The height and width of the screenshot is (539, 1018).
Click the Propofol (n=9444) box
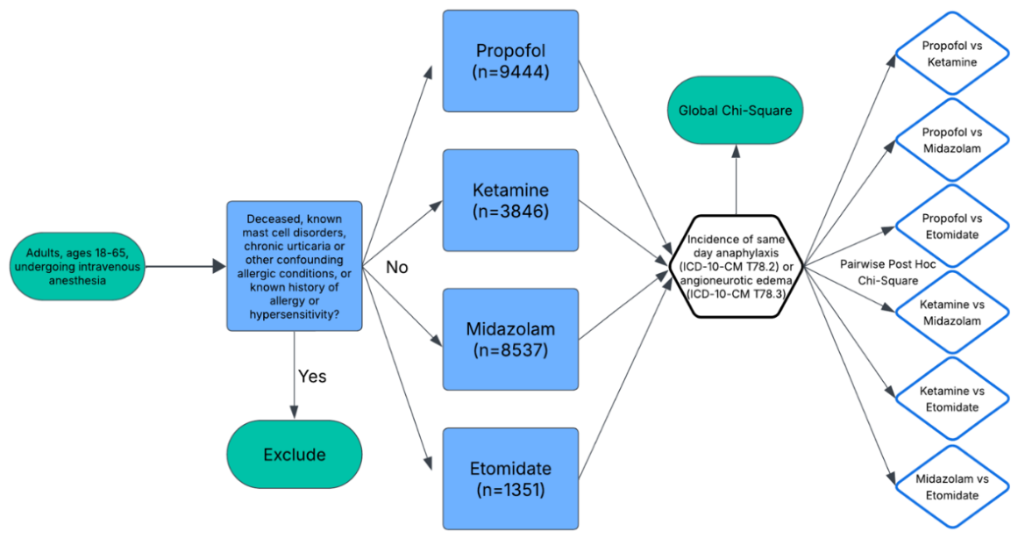click(x=510, y=61)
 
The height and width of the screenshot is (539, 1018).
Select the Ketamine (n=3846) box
click(x=510, y=200)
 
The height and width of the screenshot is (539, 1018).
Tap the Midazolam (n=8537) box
click(x=510, y=340)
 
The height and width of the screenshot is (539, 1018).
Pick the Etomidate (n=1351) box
click(x=510, y=478)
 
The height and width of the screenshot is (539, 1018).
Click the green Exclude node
click(x=294, y=454)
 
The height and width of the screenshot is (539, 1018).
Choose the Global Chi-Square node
click(x=735, y=111)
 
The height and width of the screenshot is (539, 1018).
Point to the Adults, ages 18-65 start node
click(x=77, y=267)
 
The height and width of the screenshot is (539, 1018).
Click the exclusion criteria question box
click(x=294, y=266)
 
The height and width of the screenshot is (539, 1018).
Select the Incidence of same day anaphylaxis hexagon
click(x=736, y=266)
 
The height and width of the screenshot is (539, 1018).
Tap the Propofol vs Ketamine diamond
click(x=951, y=54)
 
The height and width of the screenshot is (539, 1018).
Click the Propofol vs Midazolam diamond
click(x=951, y=140)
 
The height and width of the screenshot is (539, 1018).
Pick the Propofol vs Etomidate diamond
click(x=951, y=226)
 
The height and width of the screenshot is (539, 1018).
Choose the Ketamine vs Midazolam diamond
click(x=951, y=313)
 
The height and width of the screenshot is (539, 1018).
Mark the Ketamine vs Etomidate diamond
click(x=951, y=399)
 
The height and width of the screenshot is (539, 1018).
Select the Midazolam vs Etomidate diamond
click(x=951, y=486)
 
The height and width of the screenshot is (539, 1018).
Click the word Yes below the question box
click(x=312, y=377)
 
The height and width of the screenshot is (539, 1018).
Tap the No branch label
click(x=396, y=267)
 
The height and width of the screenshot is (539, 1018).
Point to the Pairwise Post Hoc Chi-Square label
click(x=888, y=272)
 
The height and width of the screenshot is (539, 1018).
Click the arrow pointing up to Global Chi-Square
click(x=736, y=179)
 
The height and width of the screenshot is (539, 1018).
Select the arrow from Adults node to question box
click(x=186, y=266)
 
